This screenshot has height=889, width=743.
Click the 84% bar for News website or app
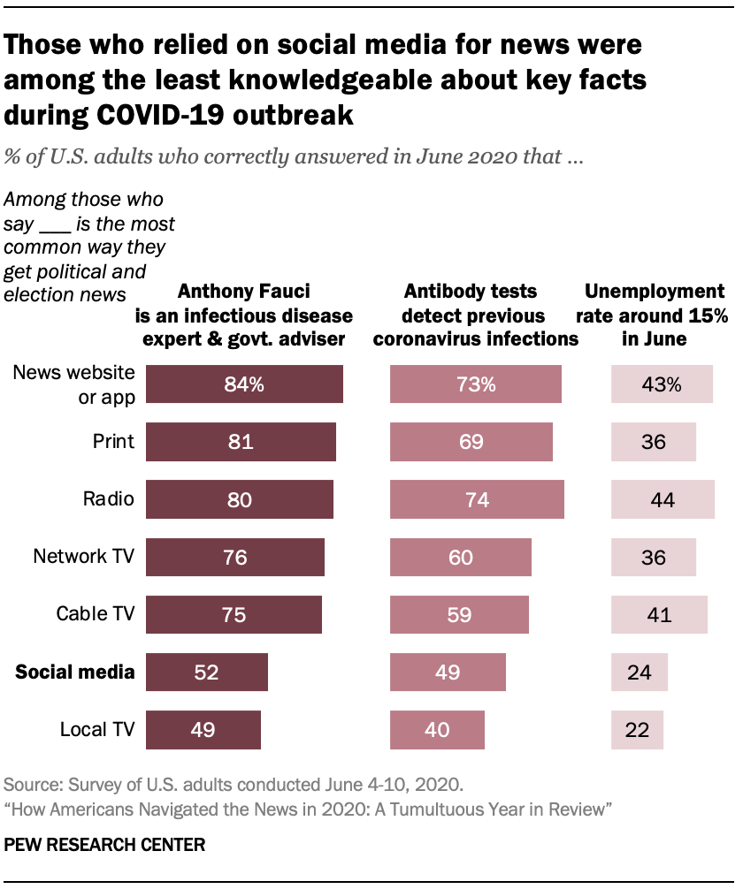[x=244, y=384]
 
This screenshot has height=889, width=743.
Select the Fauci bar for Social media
[x=206, y=672]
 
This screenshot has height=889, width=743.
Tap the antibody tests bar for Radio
[x=477, y=499]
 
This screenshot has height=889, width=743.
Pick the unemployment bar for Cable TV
[x=659, y=614]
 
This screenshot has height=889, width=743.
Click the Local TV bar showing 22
[x=637, y=730]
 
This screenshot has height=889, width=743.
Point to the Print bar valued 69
[x=471, y=442]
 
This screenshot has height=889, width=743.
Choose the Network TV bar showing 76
[x=235, y=557]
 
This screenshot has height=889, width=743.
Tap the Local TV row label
[x=97, y=730]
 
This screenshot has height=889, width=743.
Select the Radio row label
[x=110, y=499]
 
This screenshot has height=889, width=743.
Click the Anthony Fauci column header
[x=243, y=315]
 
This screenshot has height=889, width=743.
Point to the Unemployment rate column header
[x=655, y=315]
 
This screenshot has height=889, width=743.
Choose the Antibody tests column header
[x=471, y=315]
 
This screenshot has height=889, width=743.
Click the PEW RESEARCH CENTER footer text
[x=105, y=845]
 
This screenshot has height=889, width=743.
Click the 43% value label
[x=662, y=384]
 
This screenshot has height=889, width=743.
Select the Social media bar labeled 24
[x=640, y=672]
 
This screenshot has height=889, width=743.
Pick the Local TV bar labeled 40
[x=437, y=730]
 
